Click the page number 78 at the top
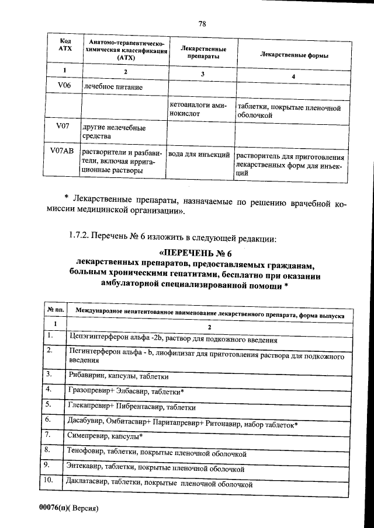[202, 24]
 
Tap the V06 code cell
[64, 86]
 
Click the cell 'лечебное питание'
[113, 87]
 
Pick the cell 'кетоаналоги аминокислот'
[200, 110]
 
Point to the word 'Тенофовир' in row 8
[88, 452]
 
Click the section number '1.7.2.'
[82, 237]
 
